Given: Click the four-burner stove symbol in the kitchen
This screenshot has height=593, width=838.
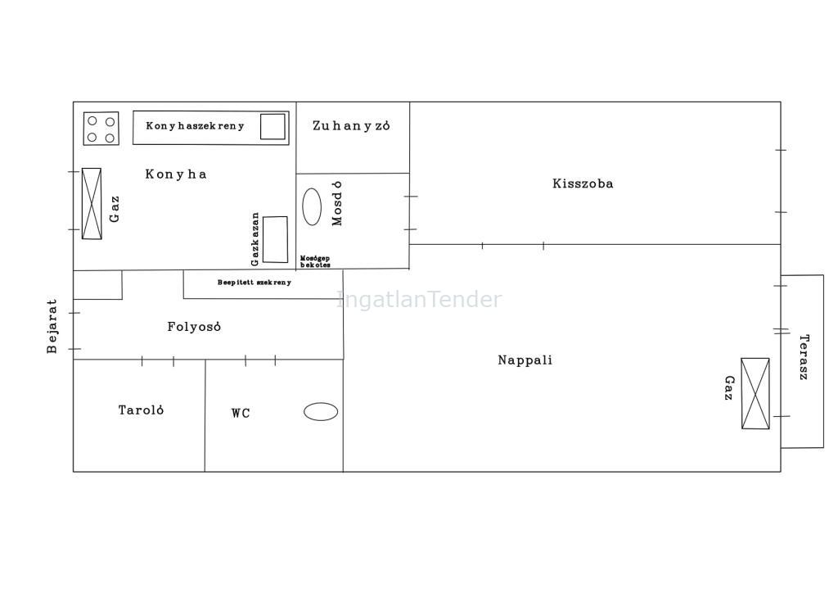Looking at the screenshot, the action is pos(101,129).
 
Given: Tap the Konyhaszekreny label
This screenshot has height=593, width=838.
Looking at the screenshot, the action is pos(195,126).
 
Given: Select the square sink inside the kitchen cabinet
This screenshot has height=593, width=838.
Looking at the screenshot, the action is pos(273,127).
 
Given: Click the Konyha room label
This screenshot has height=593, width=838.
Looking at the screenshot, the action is pos(176,174).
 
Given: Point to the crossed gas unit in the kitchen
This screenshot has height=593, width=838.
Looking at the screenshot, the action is pos(92,204).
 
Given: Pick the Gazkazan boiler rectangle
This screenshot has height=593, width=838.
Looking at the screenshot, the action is pos(275,239).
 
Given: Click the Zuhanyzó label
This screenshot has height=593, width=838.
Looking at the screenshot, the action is pos(351,125).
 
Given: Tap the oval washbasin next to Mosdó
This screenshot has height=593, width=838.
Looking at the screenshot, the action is pos(312,206).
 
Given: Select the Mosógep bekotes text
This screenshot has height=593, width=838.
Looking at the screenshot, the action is pos(315,261).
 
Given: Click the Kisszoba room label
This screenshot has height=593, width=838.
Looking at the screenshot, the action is pos(583,184).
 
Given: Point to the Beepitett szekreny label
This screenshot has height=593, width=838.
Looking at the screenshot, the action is pos(255,283).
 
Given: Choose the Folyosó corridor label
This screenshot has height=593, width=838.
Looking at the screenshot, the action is pos(194,327).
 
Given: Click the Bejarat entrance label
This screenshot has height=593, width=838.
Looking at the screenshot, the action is pos(52,326).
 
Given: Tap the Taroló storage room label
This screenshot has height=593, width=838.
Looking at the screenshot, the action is pos(141,410).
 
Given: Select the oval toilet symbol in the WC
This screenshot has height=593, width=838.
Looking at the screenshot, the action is pos(321,412).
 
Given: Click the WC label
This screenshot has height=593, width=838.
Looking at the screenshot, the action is pos(241,414).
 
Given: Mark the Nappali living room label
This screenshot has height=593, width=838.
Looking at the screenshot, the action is pos(525,360).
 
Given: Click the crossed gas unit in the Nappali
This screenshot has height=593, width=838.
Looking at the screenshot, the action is pos(755,393).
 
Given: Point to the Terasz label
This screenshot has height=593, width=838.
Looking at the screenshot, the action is pos(804,357).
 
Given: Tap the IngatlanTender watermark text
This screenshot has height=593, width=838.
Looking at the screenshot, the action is pos(419,300).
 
